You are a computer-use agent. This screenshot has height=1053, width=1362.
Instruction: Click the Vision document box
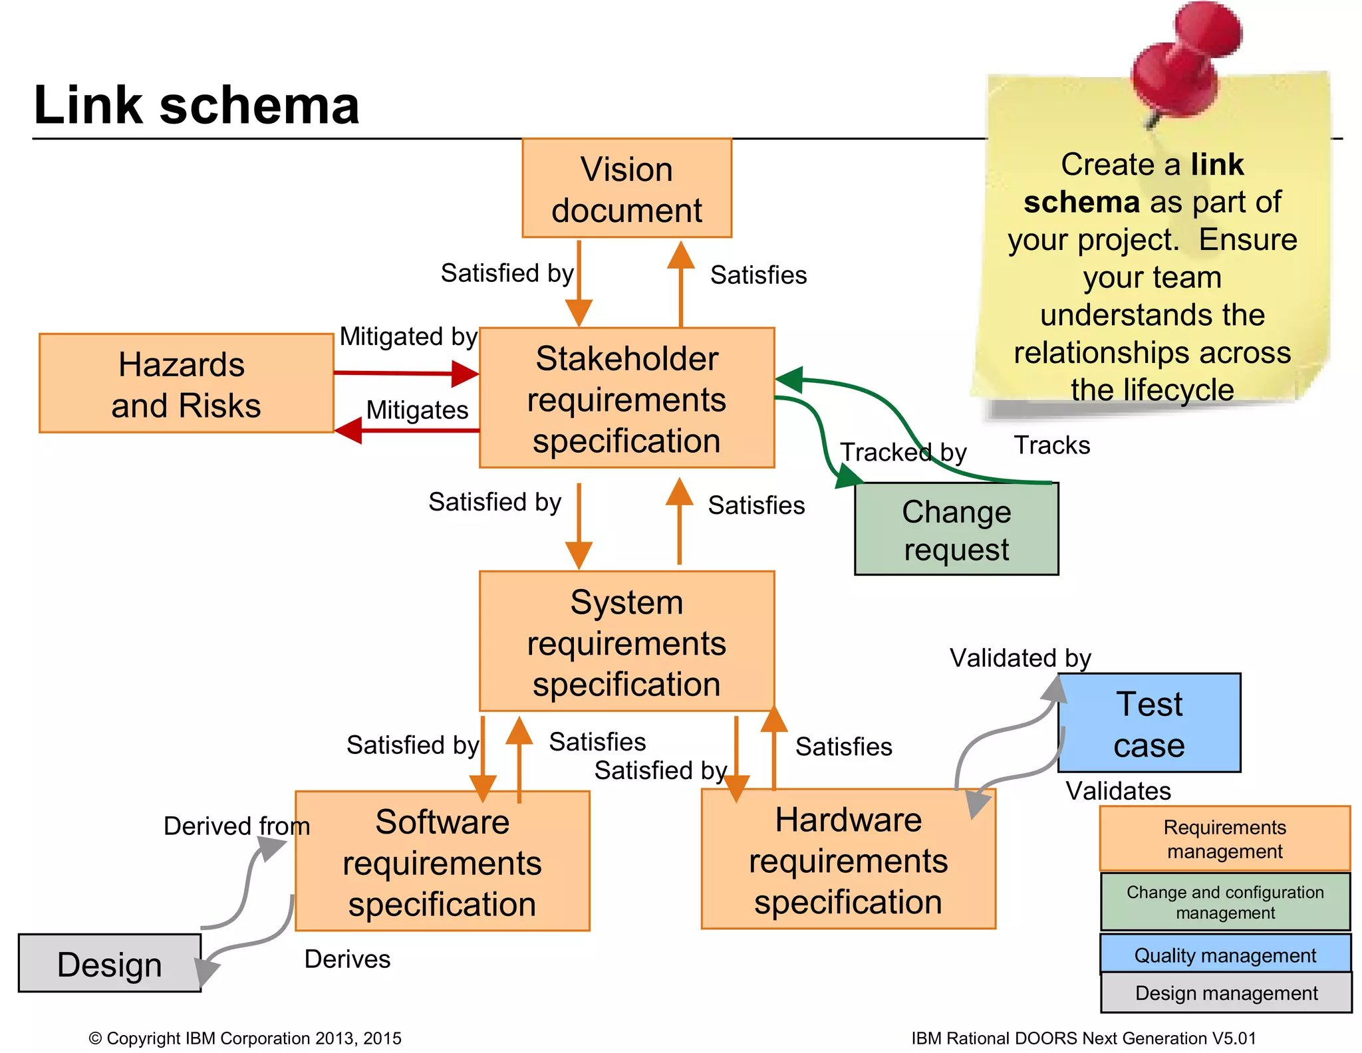tap(626, 189)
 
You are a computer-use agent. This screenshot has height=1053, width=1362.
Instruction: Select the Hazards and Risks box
tap(186, 384)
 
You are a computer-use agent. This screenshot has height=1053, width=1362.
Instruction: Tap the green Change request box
tap(956, 529)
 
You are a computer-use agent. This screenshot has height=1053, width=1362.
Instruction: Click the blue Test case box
tap(1149, 723)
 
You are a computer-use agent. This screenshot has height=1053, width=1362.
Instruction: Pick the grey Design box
tap(110, 964)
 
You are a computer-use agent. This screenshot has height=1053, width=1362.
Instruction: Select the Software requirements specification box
tap(442, 862)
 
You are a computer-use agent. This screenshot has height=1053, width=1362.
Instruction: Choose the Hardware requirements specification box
tap(848, 860)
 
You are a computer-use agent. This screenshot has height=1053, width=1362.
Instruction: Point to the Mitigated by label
tap(408, 336)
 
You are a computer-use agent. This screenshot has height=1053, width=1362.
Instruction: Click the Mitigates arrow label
tap(417, 410)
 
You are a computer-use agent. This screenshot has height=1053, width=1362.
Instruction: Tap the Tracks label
tap(1051, 445)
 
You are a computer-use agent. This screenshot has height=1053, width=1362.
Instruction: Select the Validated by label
tap(1020, 658)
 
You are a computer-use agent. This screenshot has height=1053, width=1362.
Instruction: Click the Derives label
tap(347, 959)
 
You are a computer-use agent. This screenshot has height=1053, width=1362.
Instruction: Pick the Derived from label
tap(237, 826)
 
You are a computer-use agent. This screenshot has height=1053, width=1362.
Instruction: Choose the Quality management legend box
tap(1225, 955)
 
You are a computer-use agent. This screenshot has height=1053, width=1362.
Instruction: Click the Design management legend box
tap(1226, 993)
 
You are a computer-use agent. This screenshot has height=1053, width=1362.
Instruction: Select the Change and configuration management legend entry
tap(1225, 902)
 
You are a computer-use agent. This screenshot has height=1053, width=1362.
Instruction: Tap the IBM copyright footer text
tap(245, 1038)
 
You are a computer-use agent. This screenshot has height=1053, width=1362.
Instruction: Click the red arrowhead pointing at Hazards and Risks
tap(348, 431)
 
